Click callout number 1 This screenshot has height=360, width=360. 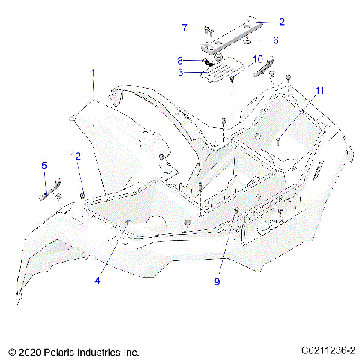(93, 73)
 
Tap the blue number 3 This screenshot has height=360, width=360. (180, 73)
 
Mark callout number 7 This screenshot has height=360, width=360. (184, 28)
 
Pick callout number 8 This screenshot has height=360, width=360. (180, 60)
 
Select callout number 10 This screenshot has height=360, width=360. (256, 58)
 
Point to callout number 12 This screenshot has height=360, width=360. (75, 156)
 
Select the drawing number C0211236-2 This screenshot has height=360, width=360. (328, 350)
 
